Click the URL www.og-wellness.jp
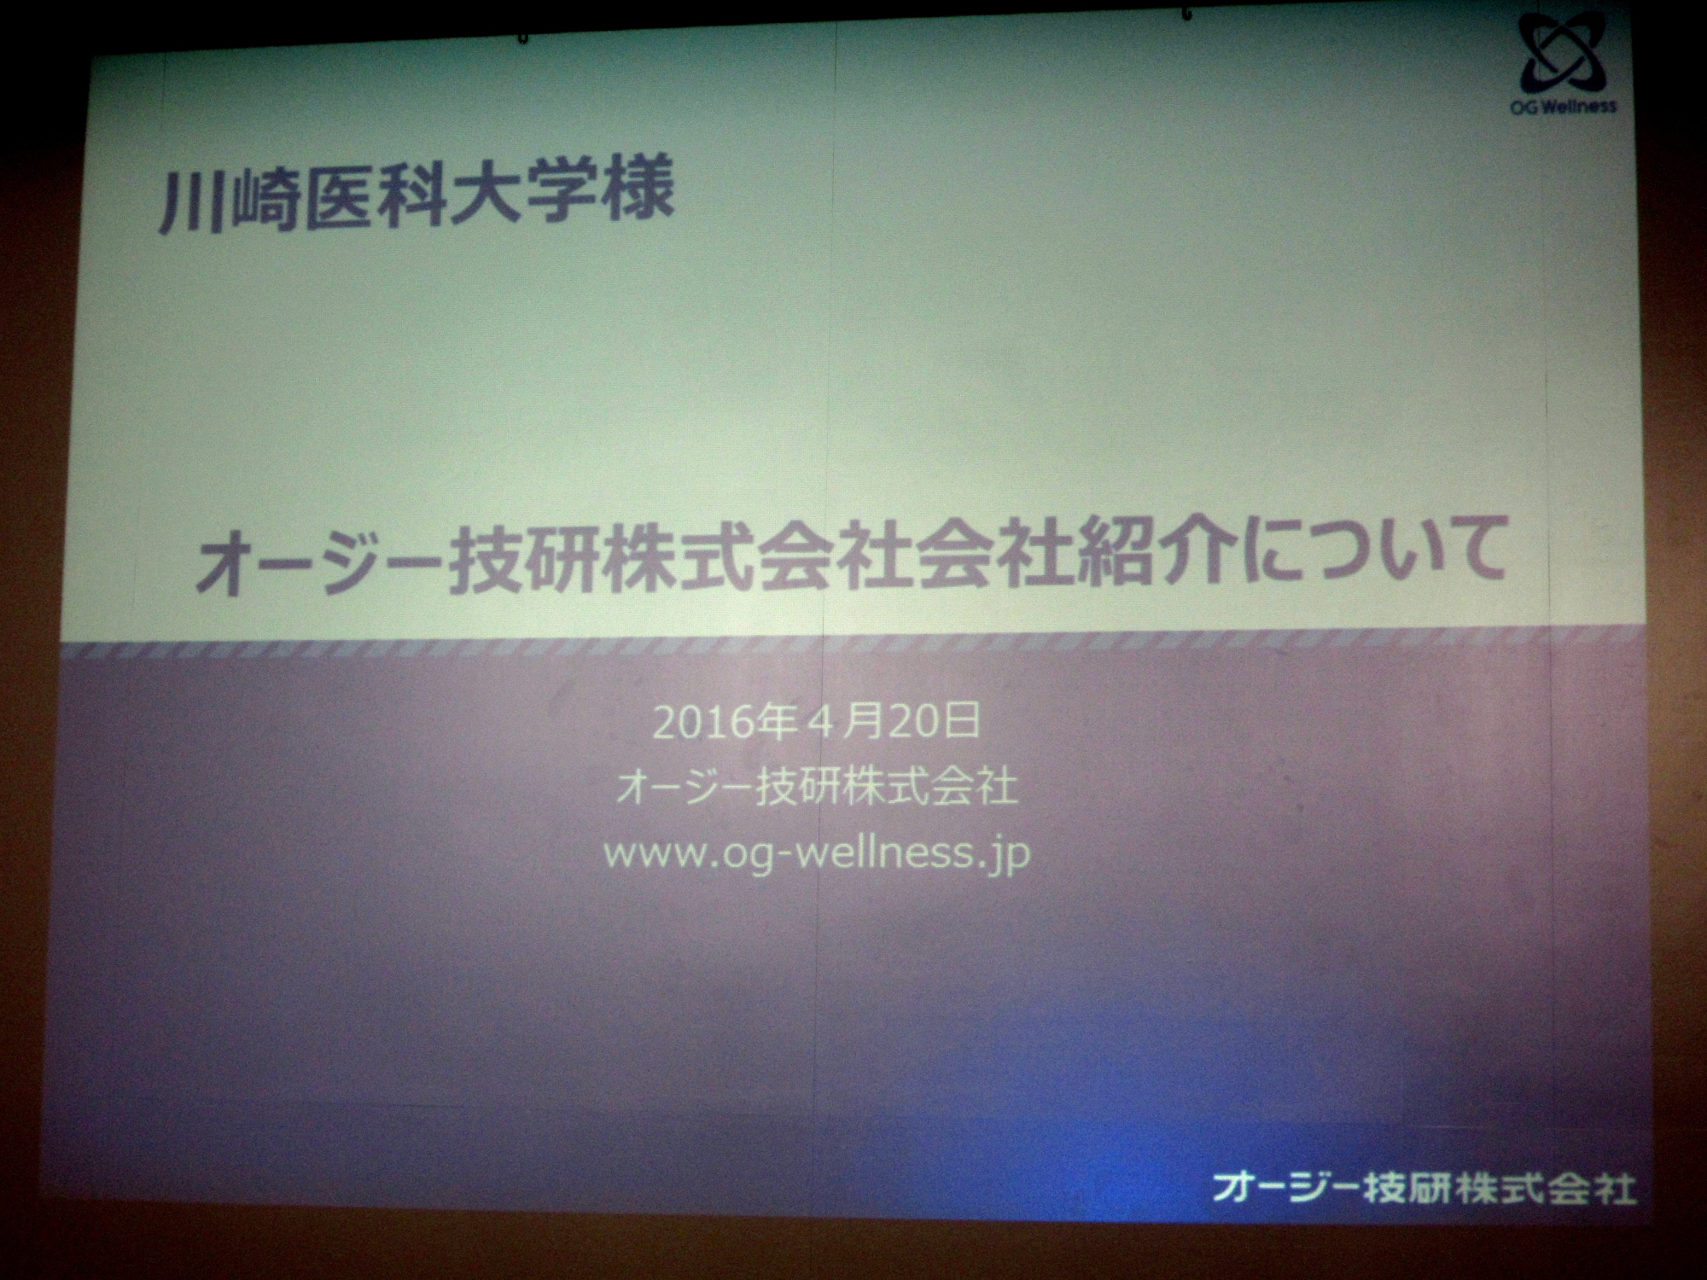(x=816, y=854)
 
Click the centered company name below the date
(x=817, y=788)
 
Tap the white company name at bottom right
(x=1424, y=1187)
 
